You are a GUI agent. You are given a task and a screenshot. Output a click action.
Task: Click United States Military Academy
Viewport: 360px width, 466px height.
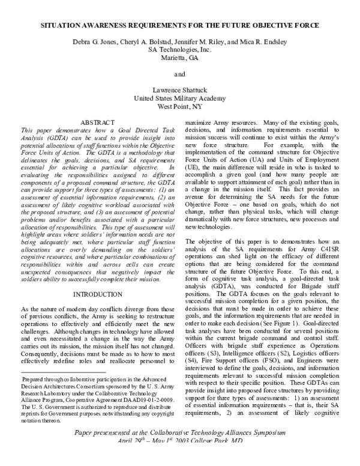click(180, 98)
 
